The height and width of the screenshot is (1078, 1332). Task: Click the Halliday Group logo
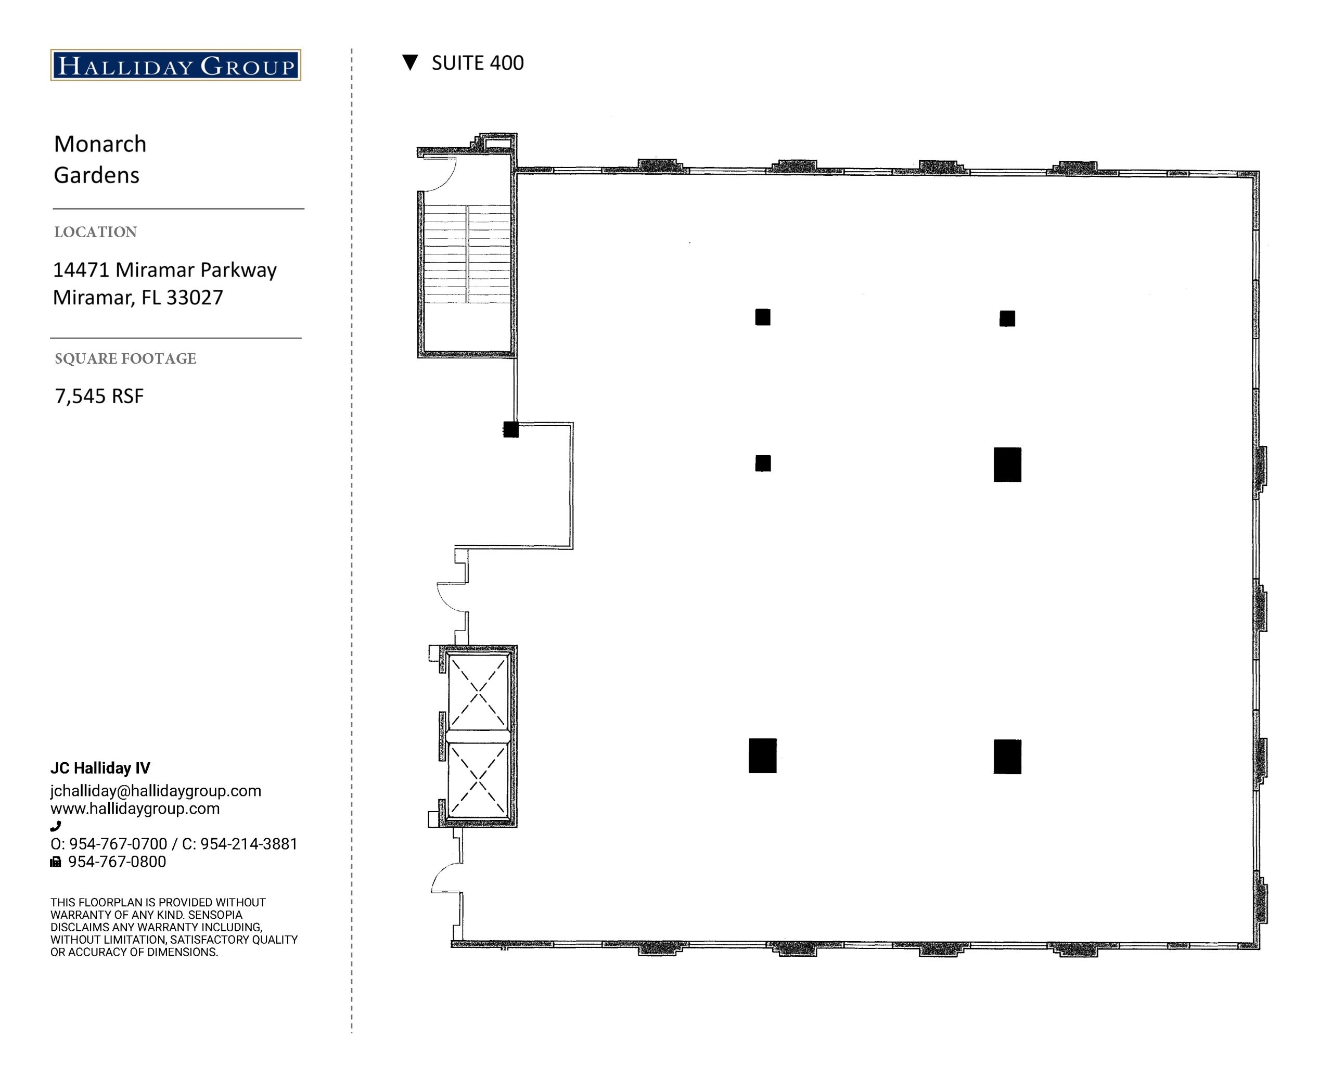point(176,65)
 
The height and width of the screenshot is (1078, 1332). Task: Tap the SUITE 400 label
point(478,63)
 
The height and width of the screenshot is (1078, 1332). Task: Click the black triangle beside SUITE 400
point(410,62)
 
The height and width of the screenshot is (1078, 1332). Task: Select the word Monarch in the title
point(100,144)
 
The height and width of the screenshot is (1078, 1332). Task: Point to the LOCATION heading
point(96,232)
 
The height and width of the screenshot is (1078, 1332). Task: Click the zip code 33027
point(195,298)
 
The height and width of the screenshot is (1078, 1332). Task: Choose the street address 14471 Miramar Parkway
point(164,270)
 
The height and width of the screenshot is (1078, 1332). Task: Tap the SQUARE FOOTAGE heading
point(125,358)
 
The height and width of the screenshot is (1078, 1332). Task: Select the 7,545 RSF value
point(99,396)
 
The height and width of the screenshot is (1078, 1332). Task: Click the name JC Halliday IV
point(100,768)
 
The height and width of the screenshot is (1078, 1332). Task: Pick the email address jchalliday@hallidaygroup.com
point(156,790)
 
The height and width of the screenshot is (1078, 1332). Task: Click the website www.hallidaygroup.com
point(135,808)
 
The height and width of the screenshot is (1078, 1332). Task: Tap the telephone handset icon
point(56,826)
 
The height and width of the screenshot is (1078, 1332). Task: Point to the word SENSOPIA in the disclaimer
point(215,915)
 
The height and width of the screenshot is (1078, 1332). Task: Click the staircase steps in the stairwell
point(467,254)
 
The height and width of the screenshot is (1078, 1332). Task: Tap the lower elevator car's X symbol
point(478,780)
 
